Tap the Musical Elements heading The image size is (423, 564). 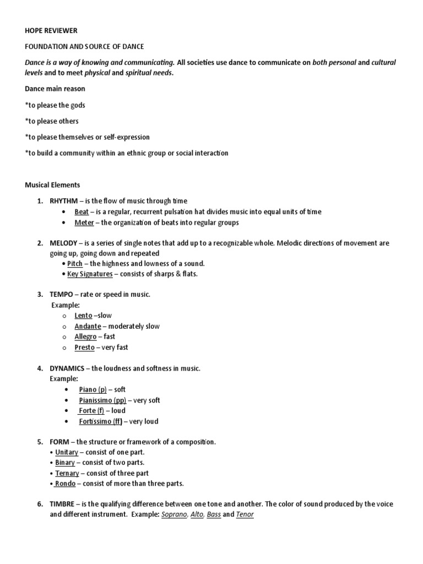click(52, 185)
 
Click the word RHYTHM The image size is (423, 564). click(63, 201)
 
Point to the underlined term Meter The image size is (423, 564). click(84, 223)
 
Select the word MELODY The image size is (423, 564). click(64, 243)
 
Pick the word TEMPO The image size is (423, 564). click(61, 295)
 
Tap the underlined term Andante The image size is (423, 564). click(88, 326)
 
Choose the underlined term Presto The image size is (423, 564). click(84, 348)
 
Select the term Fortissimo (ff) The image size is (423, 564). click(101, 421)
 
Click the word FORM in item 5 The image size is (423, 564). click(60, 442)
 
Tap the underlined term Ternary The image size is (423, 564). click(67, 473)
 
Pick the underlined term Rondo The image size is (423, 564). click(66, 484)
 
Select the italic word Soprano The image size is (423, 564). click(173, 515)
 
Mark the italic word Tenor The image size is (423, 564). click(245, 515)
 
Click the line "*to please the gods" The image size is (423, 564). click(55, 105)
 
